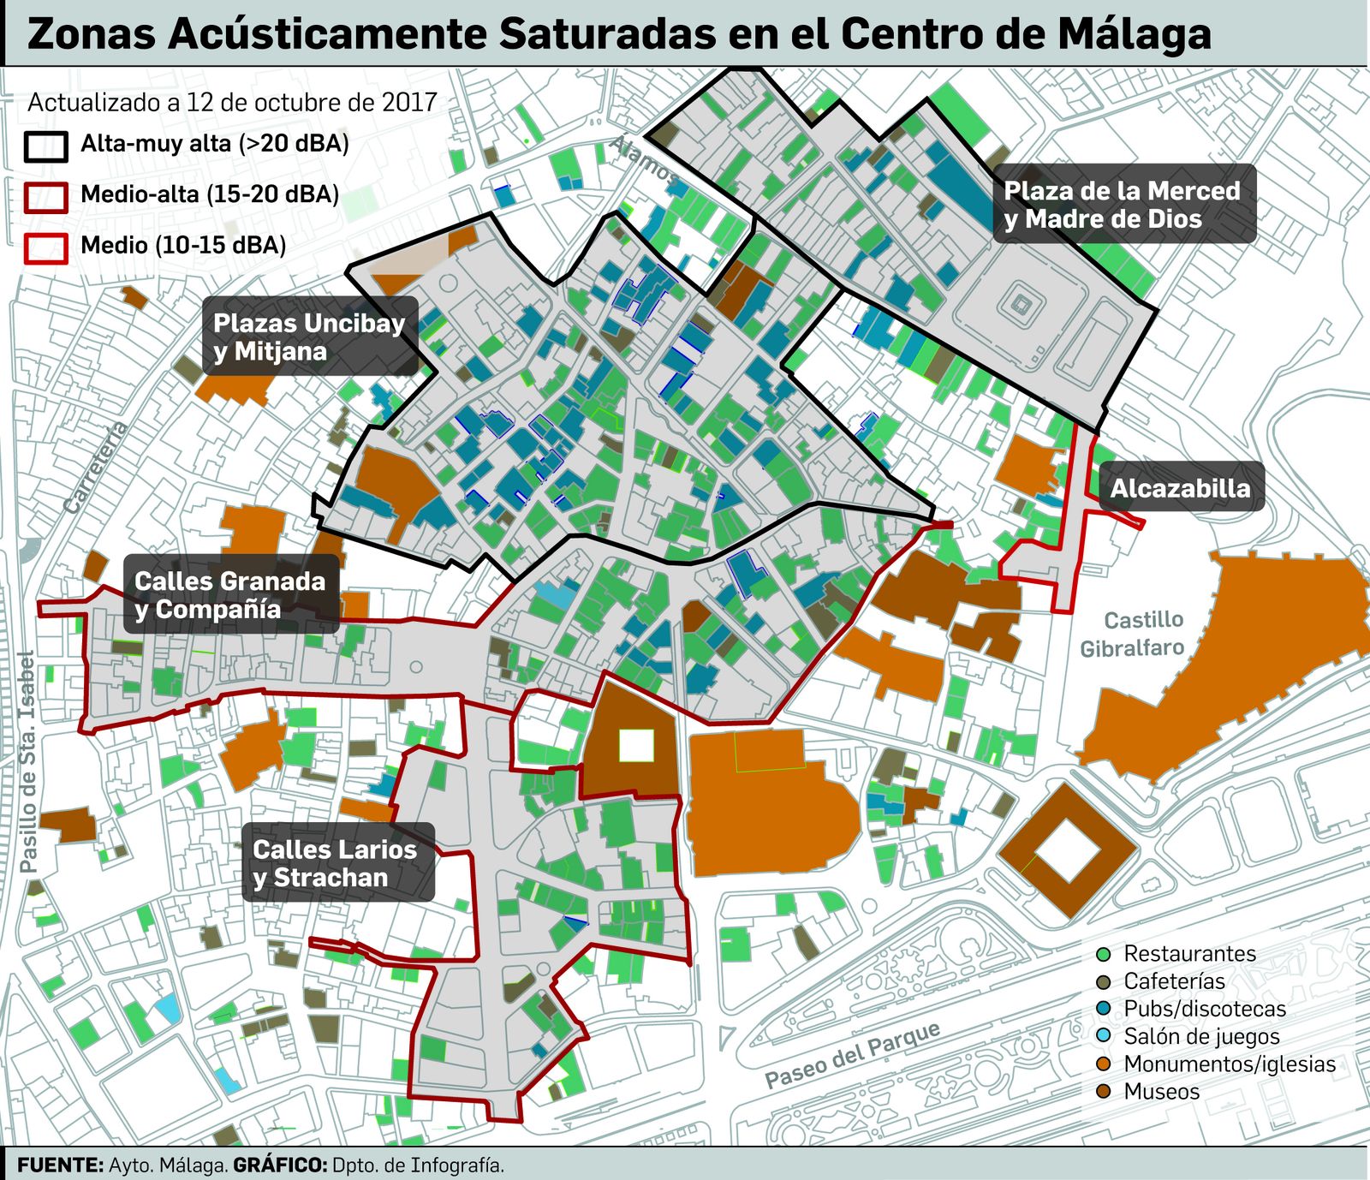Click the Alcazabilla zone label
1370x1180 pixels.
pos(1180,488)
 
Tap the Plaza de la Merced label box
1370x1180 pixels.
pos(1123,204)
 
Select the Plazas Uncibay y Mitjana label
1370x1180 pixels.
pos(309,337)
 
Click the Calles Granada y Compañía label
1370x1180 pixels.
pos(230,594)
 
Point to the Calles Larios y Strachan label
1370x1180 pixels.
pos(335,862)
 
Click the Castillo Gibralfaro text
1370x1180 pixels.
pos(1132,634)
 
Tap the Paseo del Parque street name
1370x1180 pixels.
pos(853,1054)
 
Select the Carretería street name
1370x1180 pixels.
pos(96,468)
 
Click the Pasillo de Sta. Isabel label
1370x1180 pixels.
pos(28,762)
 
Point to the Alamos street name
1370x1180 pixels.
pos(642,158)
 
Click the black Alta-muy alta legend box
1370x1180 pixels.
pos(46,146)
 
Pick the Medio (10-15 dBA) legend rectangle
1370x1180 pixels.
pos(46,247)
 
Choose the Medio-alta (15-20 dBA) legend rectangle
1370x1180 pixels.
pos(46,196)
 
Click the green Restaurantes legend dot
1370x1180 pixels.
pos(1104,954)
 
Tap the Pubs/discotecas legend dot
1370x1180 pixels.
pos(1104,1009)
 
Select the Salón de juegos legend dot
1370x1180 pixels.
pos(1104,1036)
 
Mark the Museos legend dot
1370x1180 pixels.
pos(1104,1092)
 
